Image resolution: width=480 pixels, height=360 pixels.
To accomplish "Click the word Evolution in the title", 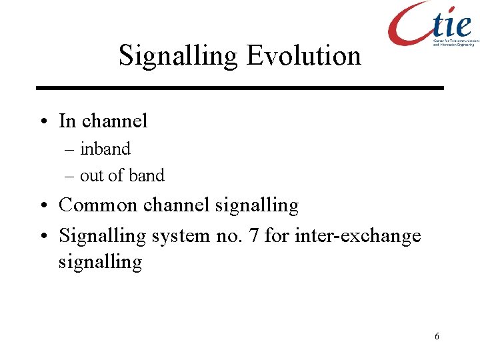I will tap(303, 55).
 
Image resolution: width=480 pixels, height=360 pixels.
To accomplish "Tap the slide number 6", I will tap(437, 336).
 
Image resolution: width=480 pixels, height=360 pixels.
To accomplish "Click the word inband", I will tap(105, 149).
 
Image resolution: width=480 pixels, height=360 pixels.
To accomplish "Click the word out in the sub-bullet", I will tap(91, 176).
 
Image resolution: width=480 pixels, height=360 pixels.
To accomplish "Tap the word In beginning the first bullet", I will tap(67, 121).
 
